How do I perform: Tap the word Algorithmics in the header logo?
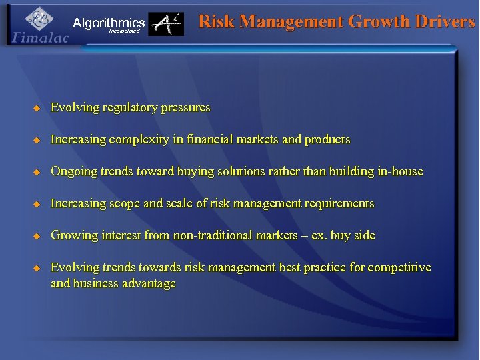tap(109, 23)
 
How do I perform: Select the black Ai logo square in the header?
tap(166, 25)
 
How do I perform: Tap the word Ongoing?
tap(73, 171)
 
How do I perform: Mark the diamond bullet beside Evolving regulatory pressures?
tap(37, 107)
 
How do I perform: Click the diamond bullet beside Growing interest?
tap(37, 235)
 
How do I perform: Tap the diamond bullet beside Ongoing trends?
tap(37, 171)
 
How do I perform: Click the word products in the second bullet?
tap(327, 139)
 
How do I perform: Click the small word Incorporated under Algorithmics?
tap(124, 31)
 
